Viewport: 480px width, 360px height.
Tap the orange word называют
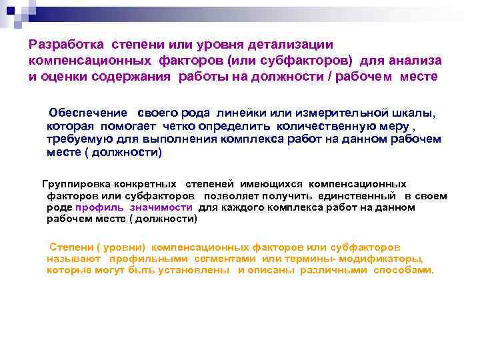coord(73,258)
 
